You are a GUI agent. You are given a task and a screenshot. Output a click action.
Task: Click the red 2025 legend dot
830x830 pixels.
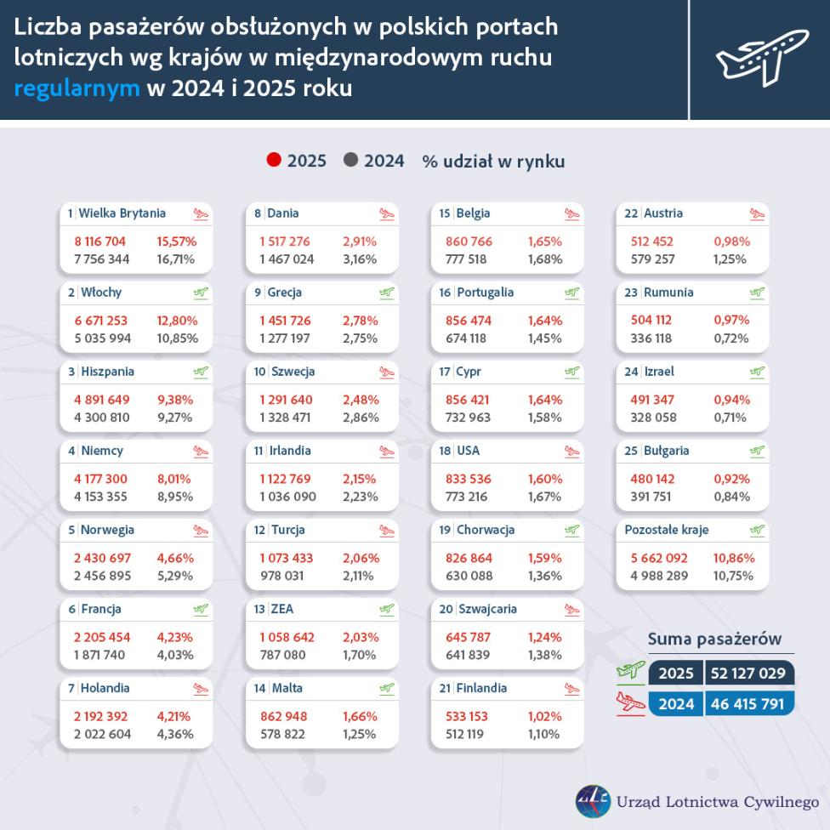click(274, 160)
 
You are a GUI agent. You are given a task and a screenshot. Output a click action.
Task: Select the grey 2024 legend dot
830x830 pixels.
click(351, 160)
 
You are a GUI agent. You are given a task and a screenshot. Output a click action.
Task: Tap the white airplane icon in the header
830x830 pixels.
click(760, 57)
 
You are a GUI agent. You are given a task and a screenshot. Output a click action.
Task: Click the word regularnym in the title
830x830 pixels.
click(77, 88)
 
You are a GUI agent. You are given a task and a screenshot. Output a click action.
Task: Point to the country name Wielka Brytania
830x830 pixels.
click(122, 213)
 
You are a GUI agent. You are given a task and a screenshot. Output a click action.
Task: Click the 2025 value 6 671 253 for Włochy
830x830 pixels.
click(100, 321)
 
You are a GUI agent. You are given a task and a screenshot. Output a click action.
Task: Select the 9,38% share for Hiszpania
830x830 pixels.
click(175, 400)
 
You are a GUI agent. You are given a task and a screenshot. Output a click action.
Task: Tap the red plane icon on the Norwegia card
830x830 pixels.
click(201, 531)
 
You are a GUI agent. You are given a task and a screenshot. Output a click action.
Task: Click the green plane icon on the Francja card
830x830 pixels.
click(201, 610)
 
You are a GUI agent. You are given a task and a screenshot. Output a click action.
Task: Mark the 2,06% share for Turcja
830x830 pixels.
click(360, 558)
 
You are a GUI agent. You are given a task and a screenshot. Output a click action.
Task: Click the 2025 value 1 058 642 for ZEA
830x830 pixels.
click(287, 637)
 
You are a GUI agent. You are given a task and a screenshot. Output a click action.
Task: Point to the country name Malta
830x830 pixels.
click(287, 688)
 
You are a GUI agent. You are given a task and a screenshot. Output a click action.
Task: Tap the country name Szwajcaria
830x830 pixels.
click(487, 609)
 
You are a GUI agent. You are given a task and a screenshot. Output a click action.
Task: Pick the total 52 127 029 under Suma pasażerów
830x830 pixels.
click(748, 674)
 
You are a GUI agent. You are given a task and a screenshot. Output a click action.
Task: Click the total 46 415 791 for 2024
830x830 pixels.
click(748, 704)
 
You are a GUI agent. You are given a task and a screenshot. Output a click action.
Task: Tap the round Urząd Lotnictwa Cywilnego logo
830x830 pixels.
click(592, 801)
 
